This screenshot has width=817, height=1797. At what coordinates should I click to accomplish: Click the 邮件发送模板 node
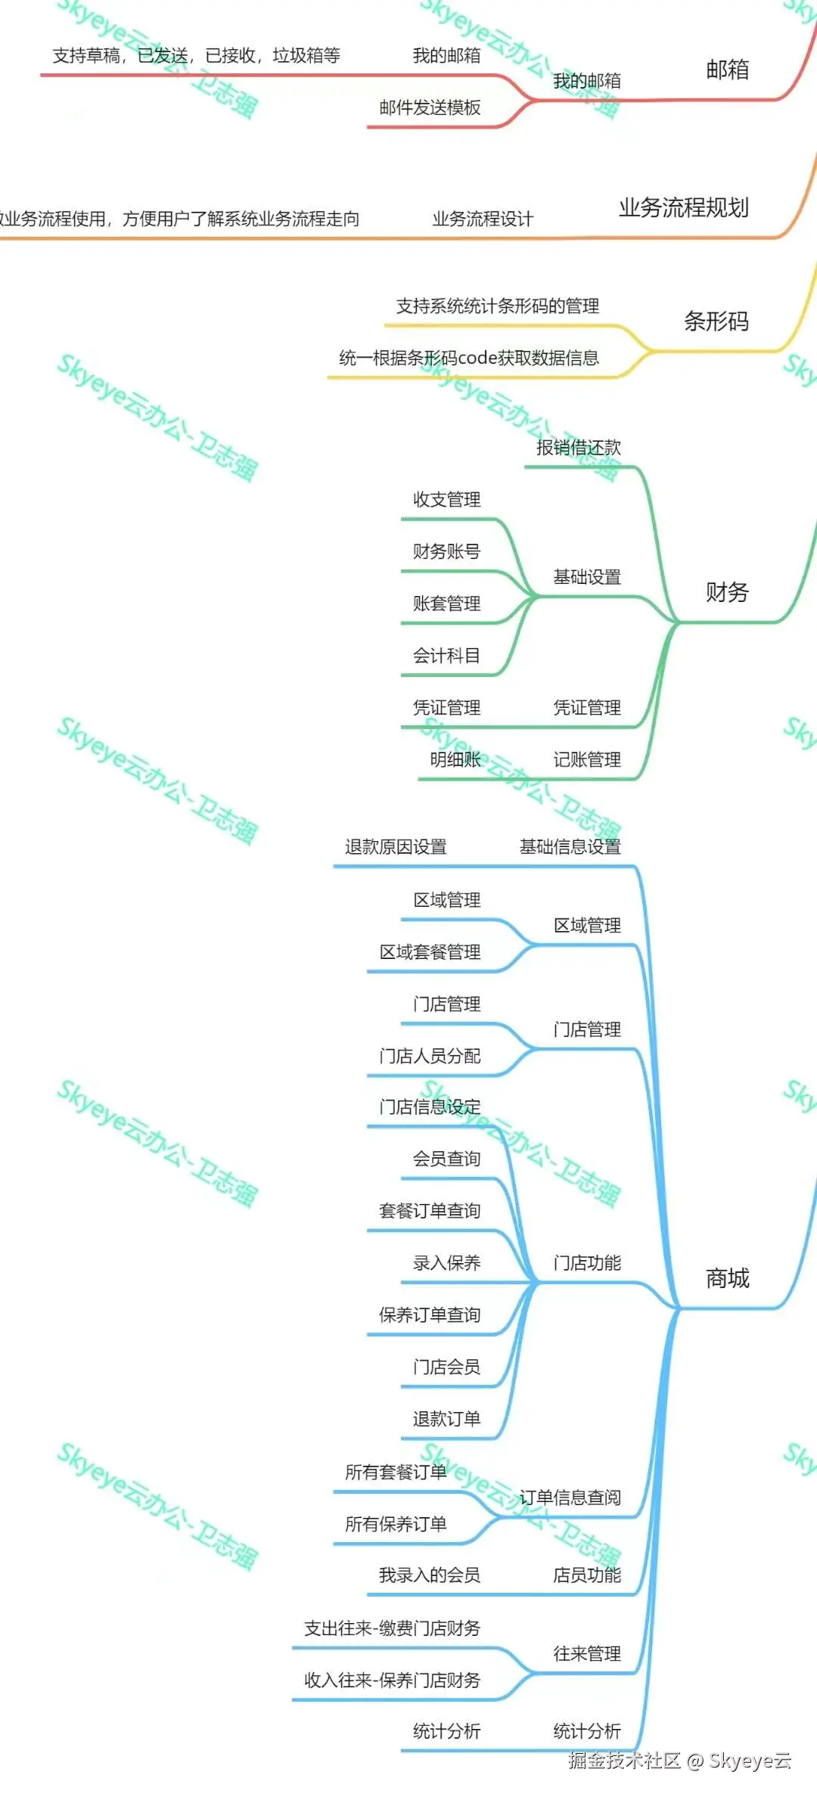(430, 108)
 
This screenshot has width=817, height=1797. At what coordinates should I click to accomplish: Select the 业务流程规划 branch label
(683, 207)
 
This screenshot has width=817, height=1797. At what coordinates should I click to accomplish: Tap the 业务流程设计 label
(483, 219)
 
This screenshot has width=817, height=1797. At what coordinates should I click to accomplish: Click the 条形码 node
(716, 321)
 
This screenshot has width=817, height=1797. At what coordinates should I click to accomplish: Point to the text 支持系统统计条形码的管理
(497, 306)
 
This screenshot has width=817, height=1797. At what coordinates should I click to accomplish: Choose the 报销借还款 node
(578, 448)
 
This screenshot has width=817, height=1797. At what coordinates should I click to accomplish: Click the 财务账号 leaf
(446, 551)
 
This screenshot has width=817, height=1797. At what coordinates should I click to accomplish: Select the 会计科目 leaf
(446, 656)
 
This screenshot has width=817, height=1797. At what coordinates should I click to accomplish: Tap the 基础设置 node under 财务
(586, 577)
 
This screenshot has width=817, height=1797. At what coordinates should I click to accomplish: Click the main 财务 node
(726, 592)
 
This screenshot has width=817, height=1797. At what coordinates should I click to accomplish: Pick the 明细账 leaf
(455, 759)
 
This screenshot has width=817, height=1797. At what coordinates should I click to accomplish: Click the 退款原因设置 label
(396, 847)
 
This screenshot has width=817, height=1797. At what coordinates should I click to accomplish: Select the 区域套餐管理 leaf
(430, 952)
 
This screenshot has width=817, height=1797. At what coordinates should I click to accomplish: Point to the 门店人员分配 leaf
(430, 1056)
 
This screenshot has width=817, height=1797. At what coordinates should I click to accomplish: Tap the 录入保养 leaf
(446, 1263)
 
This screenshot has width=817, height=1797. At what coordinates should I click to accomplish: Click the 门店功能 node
(586, 1263)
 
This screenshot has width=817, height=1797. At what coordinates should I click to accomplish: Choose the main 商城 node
(726, 1278)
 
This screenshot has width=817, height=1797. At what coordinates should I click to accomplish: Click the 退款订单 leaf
(446, 1419)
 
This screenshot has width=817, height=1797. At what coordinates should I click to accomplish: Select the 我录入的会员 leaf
(429, 1575)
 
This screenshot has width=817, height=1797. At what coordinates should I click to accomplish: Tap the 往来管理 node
(586, 1653)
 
